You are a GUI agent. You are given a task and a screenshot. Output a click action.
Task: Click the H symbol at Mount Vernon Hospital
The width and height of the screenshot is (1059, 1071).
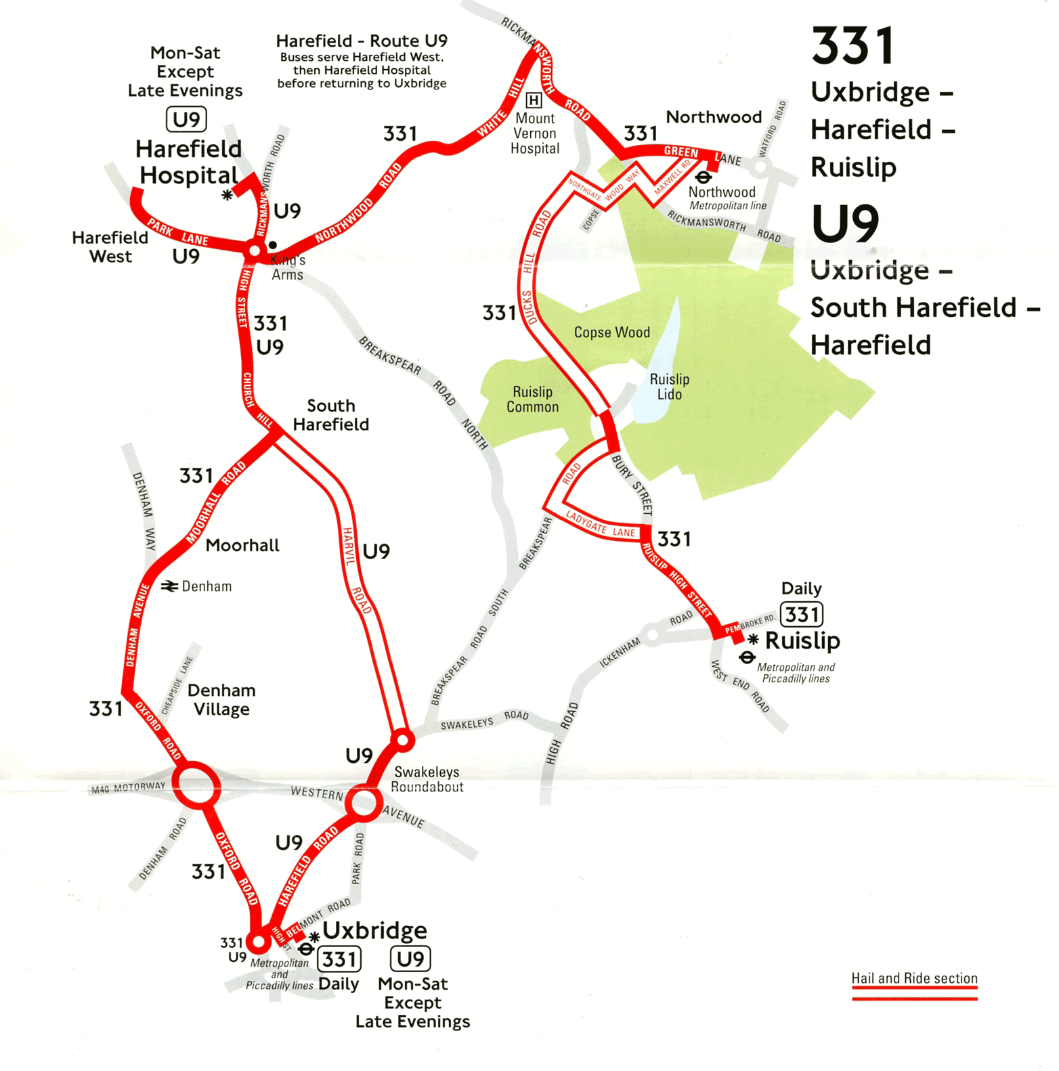(x=534, y=101)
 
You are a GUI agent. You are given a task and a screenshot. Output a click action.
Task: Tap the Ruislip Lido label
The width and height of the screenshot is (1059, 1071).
(x=669, y=387)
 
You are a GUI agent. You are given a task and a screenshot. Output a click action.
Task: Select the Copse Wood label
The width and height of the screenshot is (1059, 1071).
(x=611, y=332)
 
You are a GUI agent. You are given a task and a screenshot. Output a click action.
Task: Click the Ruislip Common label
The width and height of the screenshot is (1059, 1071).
(x=533, y=399)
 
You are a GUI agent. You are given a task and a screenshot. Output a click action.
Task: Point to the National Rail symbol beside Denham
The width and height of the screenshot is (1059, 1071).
(x=169, y=586)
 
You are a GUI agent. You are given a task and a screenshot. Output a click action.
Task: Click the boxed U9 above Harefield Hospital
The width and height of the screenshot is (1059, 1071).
(x=186, y=120)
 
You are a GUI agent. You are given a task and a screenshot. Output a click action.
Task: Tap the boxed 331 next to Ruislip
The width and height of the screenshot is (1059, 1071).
(x=802, y=615)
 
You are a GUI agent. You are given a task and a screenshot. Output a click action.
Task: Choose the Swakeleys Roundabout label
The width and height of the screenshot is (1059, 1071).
(x=428, y=779)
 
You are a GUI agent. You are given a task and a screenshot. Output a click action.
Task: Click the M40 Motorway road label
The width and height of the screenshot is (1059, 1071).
(x=129, y=788)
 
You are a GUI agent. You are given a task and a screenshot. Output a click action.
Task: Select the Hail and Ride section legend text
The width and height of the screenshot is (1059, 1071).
(x=914, y=978)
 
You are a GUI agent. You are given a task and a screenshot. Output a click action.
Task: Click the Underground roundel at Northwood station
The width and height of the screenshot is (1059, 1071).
(x=704, y=177)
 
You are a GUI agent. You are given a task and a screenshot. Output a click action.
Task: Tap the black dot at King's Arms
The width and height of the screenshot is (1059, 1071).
(x=272, y=245)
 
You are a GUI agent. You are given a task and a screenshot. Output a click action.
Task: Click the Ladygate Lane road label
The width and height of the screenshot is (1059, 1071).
(x=601, y=525)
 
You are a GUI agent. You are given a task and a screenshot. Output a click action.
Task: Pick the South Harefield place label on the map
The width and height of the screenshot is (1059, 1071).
(x=330, y=415)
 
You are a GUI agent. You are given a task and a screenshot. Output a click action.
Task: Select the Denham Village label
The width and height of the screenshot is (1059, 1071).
(x=221, y=699)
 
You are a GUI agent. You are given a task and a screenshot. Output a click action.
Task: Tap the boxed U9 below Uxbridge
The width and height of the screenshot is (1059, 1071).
(x=410, y=959)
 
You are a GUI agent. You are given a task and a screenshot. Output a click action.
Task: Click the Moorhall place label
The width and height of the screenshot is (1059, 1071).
(x=242, y=546)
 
